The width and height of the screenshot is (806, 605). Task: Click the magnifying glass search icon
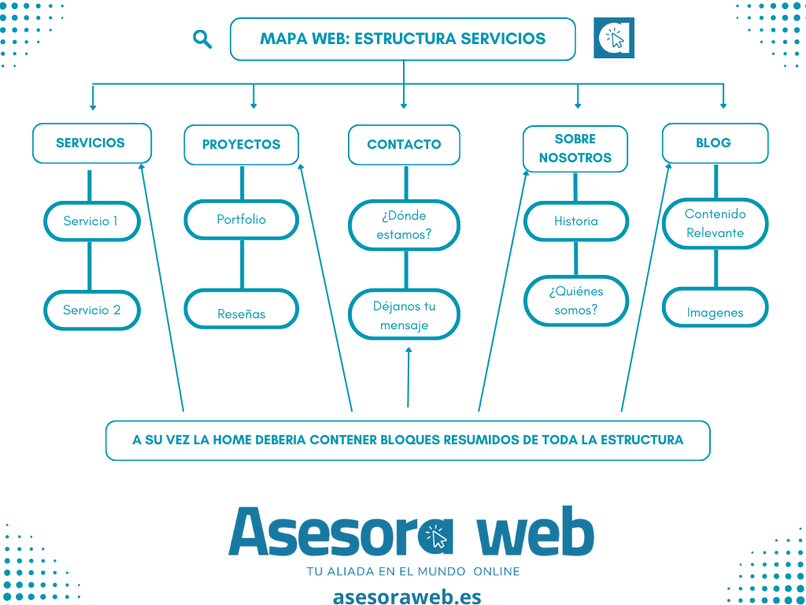tap(202, 39)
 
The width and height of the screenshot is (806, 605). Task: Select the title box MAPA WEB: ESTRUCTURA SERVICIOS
tap(402, 39)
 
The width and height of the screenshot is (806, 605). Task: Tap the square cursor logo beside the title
tap(614, 38)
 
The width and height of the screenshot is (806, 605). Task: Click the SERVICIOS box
tap(91, 143)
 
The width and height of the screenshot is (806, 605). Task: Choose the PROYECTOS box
tap(241, 145)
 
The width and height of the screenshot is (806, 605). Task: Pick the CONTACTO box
tap(404, 145)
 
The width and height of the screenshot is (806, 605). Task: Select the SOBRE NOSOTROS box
tap(575, 148)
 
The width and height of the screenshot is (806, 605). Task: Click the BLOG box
tap(714, 143)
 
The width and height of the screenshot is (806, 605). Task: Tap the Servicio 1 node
tap(91, 221)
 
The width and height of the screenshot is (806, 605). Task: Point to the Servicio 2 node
tap(91, 310)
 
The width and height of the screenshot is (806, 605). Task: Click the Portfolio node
tap(241, 220)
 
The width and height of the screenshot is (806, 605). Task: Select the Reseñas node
tap(241, 314)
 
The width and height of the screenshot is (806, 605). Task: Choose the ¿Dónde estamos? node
tap(404, 225)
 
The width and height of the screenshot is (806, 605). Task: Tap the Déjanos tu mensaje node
tap(404, 315)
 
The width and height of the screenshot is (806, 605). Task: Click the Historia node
tap(575, 221)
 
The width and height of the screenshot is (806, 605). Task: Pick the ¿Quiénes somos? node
tap(575, 301)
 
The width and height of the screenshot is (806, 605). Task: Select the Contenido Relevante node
tap(714, 223)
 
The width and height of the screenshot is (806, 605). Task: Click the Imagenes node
tap(714, 313)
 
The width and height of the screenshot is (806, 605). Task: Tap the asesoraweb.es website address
tap(407, 596)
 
